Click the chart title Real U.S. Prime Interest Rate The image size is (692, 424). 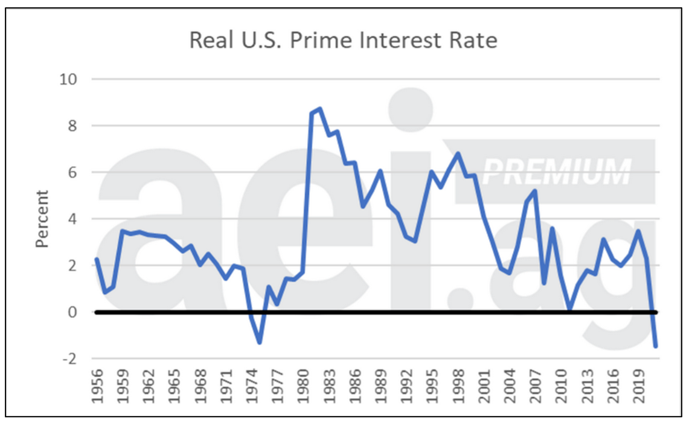pyautogui.click(x=343, y=40)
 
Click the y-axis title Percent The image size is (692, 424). pyautogui.click(x=42, y=219)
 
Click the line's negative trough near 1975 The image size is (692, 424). pyautogui.click(x=260, y=342)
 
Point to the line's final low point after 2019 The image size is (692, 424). pyautogui.click(x=655, y=346)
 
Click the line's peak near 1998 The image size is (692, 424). pyautogui.click(x=458, y=153)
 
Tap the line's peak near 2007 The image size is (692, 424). pyautogui.click(x=535, y=191)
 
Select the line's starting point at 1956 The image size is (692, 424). pyautogui.click(x=97, y=259)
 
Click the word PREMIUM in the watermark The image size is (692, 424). pyautogui.click(x=556, y=172)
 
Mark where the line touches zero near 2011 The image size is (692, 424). pyautogui.click(x=570, y=310)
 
